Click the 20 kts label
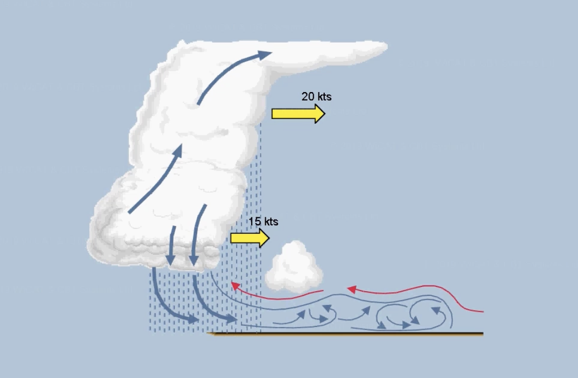click(x=316, y=96)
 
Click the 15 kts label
click(x=263, y=222)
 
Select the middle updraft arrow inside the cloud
click(x=156, y=179)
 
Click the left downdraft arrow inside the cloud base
click(x=171, y=246)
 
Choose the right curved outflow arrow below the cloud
click(x=211, y=305)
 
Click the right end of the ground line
click(x=483, y=334)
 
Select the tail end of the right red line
click(x=483, y=312)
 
